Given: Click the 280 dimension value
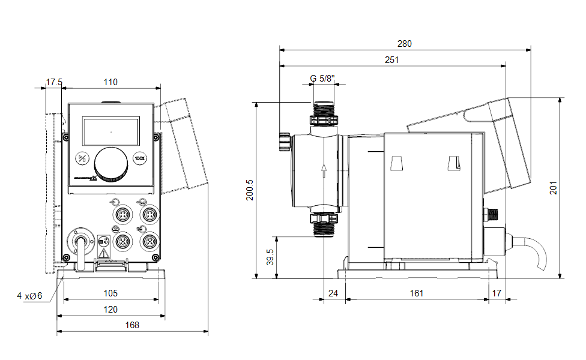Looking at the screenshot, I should point(404,44).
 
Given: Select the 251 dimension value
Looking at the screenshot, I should point(392,59).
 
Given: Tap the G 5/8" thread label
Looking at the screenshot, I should point(323,78).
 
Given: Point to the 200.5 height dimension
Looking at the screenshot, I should point(250,190).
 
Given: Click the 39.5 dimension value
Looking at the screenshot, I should point(270,257).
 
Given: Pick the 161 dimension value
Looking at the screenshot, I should point(417,293).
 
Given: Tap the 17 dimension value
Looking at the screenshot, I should point(496,293).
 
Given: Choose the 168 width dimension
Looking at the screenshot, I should point(132,325).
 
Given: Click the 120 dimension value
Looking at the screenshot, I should point(110,309).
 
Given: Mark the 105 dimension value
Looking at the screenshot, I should point(110,293).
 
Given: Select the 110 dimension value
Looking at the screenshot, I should point(110,82).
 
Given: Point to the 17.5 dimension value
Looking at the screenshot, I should point(54,82).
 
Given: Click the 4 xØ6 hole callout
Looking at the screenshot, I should point(29,295).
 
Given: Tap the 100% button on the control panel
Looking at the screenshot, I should point(139,159).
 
